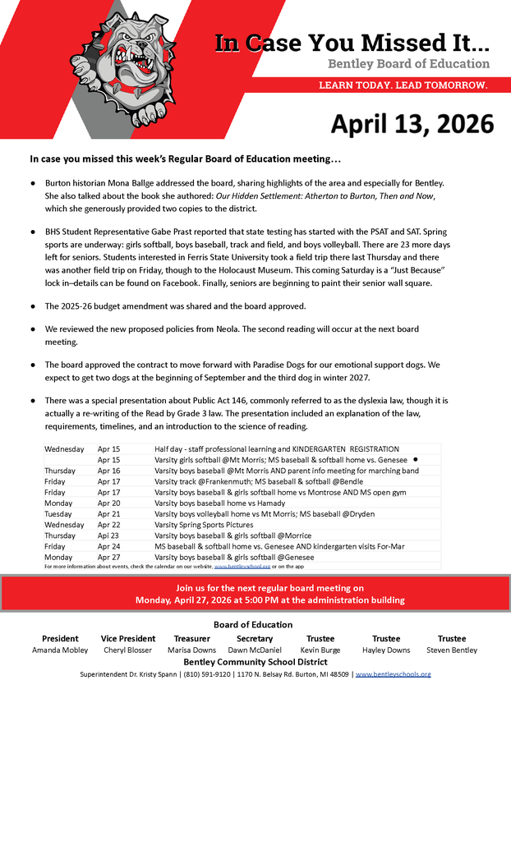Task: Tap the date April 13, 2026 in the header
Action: (412, 123)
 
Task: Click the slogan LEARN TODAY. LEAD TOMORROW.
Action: (403, 85)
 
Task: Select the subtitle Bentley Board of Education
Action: (408, 64)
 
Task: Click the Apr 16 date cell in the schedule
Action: (108, 471)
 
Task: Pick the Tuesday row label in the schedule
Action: (59, 514)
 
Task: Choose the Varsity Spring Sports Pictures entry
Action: (204, 525)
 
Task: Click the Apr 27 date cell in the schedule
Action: (108, 557)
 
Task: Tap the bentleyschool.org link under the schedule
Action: (242, 566)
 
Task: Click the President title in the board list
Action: (60, 638)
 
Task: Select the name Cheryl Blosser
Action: (127, 650)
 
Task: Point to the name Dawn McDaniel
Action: (254, 650)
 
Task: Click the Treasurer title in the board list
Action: (191, 638)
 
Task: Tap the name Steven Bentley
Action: (451, 650)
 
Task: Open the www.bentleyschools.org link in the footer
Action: (393, 674)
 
